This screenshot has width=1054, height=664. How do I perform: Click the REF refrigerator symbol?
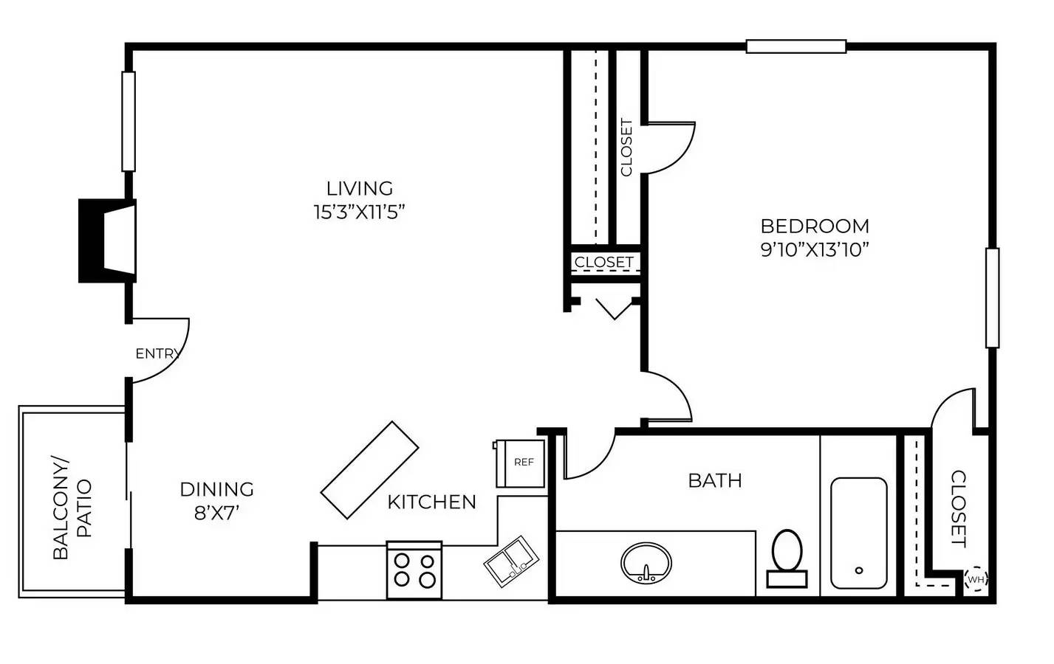click(521, 463)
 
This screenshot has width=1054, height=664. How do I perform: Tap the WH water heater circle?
click(976, 579)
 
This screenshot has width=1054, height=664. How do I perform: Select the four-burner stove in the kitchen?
click(414, 570)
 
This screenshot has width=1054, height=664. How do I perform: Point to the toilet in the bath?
click(787, 557)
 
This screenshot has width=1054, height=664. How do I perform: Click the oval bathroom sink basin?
click(646, 563)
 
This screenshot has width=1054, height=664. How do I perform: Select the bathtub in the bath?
click(858, 533)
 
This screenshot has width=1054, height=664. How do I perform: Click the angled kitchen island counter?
click(369, 470)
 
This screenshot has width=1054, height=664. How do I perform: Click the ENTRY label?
click(157, 354)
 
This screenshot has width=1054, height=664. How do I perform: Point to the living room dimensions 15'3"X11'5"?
click(360, 212)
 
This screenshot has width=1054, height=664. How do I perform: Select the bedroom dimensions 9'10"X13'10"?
click(814, 249)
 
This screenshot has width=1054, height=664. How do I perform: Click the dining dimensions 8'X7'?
click(216, 513)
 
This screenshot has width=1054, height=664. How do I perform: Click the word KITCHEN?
click(431, 502)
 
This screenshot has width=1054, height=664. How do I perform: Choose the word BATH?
click(714, 480)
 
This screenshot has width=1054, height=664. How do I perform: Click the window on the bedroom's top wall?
click(795, 46)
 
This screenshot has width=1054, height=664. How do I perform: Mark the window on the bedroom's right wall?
click(992, 297)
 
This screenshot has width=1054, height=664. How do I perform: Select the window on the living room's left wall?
click(129, 122)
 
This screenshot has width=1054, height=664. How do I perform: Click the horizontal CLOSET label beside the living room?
click(603, 262)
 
